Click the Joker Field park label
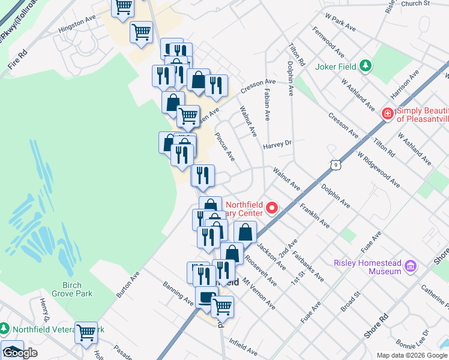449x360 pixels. click(336, 66)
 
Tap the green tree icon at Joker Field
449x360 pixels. click(365, 66)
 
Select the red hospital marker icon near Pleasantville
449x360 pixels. click(388, 113)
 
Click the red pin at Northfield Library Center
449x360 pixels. click(272, 208)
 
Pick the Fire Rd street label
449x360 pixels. click(19, 62)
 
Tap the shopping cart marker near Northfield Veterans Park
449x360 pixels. click(86, 332)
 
